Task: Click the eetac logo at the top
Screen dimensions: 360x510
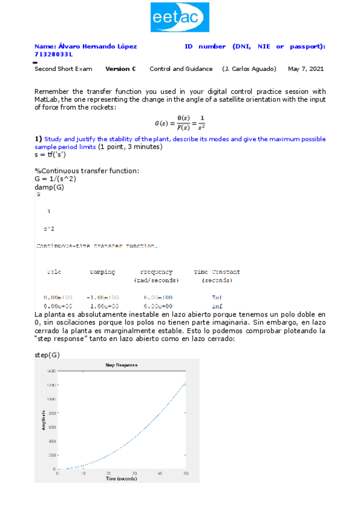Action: click(x=180, y=17)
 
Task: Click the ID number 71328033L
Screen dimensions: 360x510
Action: click(x=53, y=54)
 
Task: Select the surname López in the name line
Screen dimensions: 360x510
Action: click(x=126, y=46)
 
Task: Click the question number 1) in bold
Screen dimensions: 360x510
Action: click(x=38, y=139)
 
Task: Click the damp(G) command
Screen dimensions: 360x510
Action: click(x=49, y=187)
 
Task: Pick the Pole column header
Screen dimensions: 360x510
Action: click(x=53, y=272)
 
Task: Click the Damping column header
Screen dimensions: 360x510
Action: click(x=102, y=272)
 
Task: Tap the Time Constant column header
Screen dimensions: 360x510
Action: click(x=217, y=272)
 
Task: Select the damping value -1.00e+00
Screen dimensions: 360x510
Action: click(x=102, y=297)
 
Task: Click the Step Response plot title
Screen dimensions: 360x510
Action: click(x=121, y=365)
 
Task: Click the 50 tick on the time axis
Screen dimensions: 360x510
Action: click(x=186, y=474)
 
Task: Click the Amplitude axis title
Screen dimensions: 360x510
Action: click(x=43, y=420)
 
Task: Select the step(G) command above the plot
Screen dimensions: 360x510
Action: click(x=47, y=355)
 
